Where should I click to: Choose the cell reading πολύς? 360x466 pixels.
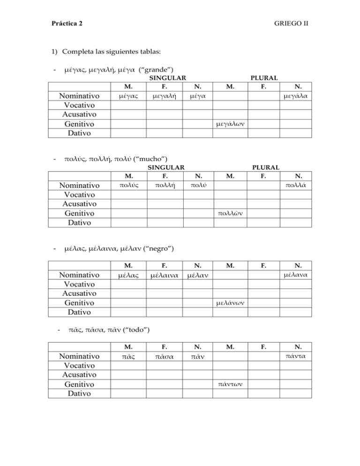(x=128, y=186)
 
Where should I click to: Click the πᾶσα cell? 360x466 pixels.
(x=164, y=357)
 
